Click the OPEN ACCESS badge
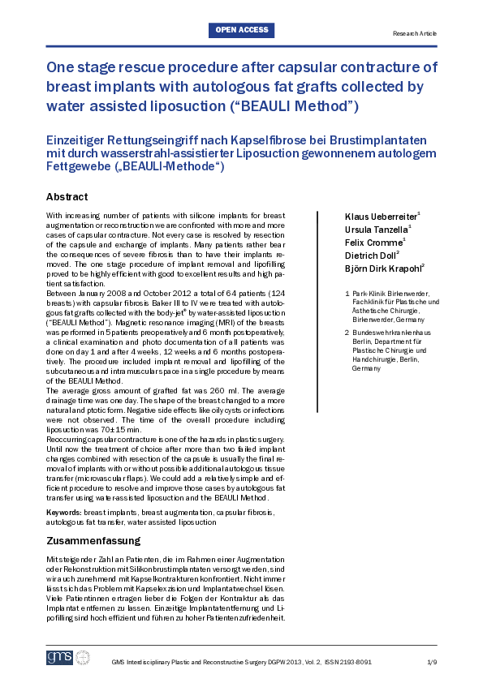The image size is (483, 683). pyautogui.click(x=241, y=31)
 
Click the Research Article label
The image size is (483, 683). pyautogui.click(x=414, y=33)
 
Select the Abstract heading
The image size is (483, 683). pyautogui.click(x=67, y=197)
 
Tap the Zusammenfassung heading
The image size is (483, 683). pyautogui.click(x=93, y=541)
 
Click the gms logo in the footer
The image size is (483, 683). pyautogui.click(x=60, y=657)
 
